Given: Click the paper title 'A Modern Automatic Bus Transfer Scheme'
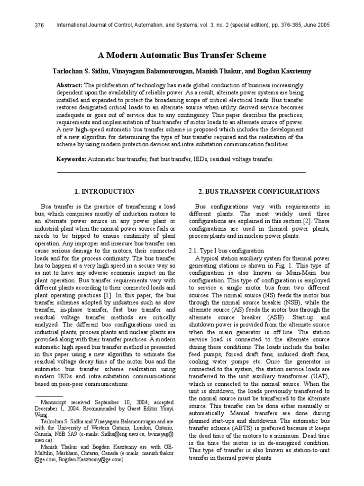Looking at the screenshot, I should (182, 55).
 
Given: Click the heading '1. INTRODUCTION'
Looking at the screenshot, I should (105, 191).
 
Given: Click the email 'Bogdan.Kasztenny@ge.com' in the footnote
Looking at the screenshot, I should (91, 460).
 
